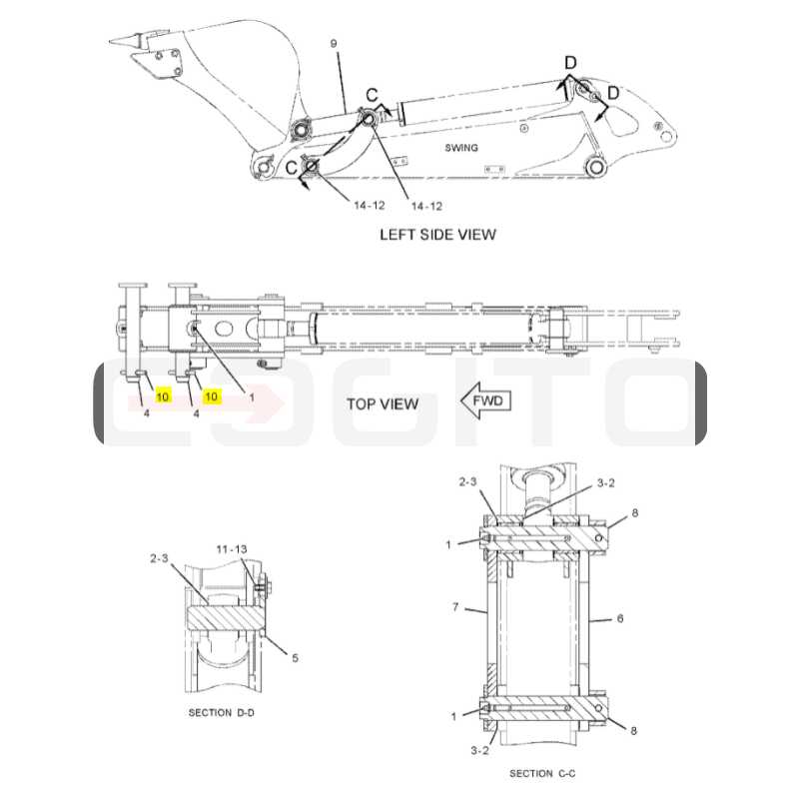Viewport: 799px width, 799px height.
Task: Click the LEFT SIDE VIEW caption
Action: [x=437, y=235]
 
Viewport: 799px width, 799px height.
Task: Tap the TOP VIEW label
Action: [x=383, y=404]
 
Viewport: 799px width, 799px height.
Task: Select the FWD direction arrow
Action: [x=485, y=400]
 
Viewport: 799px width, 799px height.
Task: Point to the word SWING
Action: [x=461, y=148]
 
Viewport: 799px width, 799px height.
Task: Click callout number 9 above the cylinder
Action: [x=334, y=43]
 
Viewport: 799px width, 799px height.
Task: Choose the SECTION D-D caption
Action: [x=221, y=712]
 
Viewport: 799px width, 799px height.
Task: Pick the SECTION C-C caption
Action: [x=542, y=773]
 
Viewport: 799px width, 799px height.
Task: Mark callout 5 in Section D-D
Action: [x=295, y=658]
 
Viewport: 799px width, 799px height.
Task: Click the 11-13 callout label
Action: [x=232, y=548]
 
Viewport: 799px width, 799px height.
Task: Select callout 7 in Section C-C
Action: [x=455, y=607]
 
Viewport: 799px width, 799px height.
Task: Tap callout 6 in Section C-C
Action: [x=620, y=618]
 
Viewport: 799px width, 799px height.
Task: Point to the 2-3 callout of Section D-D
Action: [x=159, y=558]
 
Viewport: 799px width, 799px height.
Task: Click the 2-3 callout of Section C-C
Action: [x=467, y=481]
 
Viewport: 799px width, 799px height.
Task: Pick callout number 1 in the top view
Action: [x=252, y=397]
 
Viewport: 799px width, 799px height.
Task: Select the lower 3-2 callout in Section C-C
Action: [x=480, y=751]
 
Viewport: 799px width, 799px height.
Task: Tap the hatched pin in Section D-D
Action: [x=225, y=617]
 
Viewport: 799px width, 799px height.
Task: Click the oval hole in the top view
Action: [x=224, y=329]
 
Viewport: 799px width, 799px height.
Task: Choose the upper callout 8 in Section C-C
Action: [x=635, y=513]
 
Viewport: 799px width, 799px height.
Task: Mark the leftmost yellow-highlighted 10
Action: [x=163, y=396]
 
